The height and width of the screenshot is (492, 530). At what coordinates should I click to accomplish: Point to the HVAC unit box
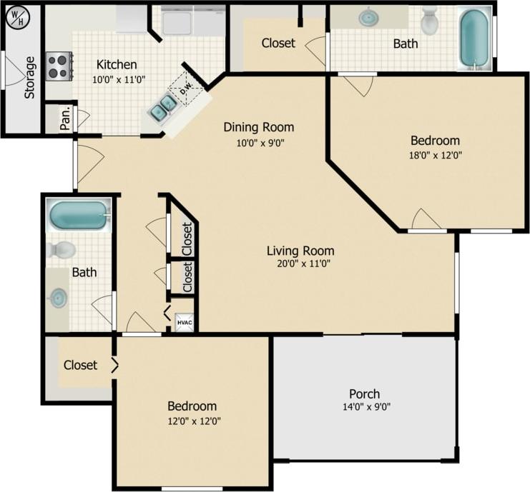184,323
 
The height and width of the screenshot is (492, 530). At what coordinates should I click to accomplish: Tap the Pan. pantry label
65,119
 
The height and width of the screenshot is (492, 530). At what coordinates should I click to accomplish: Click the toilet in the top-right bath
429,21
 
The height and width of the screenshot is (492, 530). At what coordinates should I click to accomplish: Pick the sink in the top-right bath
369,16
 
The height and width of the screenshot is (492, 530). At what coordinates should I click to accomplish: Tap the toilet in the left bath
62,250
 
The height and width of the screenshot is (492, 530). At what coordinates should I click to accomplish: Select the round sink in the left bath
58,298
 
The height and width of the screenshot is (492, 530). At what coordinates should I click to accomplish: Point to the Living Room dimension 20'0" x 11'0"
300,263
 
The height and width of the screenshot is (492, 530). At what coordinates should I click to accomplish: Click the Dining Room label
259,127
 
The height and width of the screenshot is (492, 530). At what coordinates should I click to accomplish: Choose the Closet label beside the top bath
278,43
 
